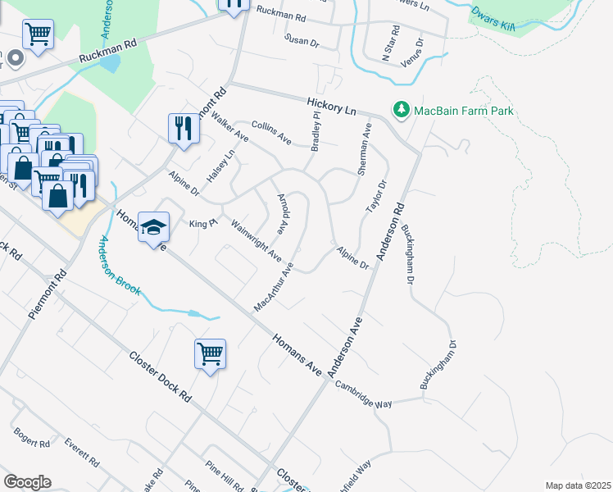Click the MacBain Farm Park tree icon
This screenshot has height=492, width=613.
point(401,109)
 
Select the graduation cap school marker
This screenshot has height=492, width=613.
point(152,228)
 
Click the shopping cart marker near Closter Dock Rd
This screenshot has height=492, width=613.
point(210,354)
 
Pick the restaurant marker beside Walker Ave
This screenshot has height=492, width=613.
point(181,128)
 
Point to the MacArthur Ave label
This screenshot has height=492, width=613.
point(274,287)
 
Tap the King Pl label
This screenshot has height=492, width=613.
point(202,223)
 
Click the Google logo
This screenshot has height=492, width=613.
point(27,481)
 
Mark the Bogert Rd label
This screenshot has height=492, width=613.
point(30,439)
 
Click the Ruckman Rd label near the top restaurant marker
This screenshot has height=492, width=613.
point(280,11)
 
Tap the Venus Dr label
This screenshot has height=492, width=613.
point(413,52)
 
